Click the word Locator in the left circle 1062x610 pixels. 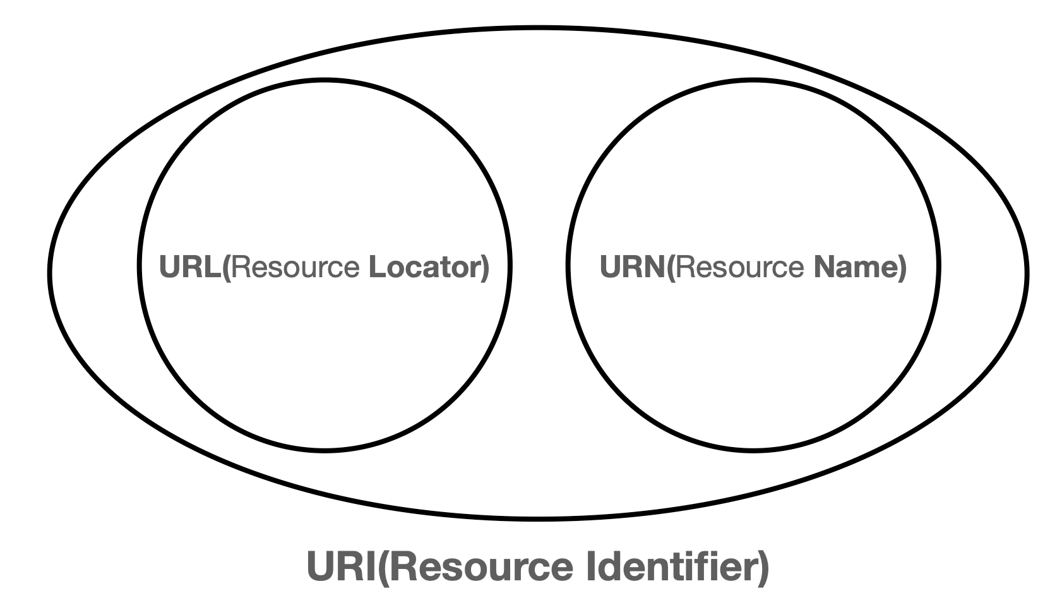click(424, 267)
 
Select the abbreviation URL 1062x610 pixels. click(190, 267)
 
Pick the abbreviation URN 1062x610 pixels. click(632, 267)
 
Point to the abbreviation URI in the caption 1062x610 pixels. click(340, 566)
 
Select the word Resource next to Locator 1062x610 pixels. click(295, 267)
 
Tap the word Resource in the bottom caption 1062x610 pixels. click(482, 566)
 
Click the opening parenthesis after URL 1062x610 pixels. click(227, 268)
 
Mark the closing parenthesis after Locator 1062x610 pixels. click(485, 268)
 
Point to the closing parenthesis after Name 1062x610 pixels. click(902, 268)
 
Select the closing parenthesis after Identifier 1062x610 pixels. click(763, 567)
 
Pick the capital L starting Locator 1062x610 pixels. click(376, 267)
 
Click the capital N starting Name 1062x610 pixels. click(823, 267)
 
